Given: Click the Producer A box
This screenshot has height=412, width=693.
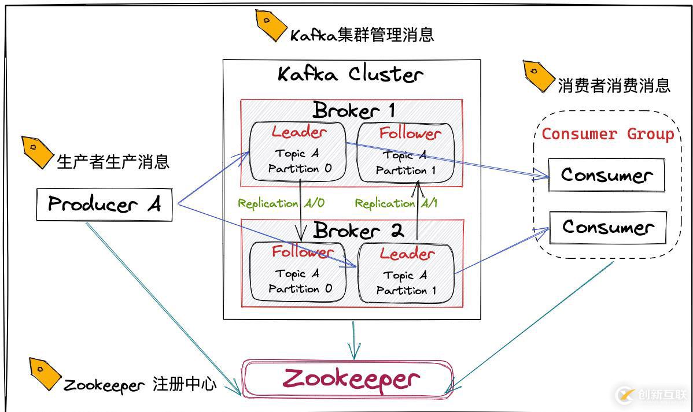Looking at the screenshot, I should [104, 204].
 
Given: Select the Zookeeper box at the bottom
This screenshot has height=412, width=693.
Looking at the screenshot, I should [347, 379].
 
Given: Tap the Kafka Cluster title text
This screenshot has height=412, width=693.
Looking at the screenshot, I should [351, 75].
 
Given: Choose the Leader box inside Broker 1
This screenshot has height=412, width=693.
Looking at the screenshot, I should [298, 151].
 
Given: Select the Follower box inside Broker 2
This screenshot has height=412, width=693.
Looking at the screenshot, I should [298, 272].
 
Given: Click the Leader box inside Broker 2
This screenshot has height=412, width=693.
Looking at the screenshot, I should [406, 273].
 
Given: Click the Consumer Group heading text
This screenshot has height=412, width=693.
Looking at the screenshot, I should [607, 134].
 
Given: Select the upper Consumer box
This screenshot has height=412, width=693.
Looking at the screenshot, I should [606, 175].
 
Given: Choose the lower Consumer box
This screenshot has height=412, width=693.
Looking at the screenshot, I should [607, 227].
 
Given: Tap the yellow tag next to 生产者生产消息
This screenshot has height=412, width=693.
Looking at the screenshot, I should [36, 152].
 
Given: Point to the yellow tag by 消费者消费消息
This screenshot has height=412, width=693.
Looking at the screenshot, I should [538, 76].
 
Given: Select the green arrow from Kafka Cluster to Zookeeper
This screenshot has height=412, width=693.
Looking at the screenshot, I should [353, 339].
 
